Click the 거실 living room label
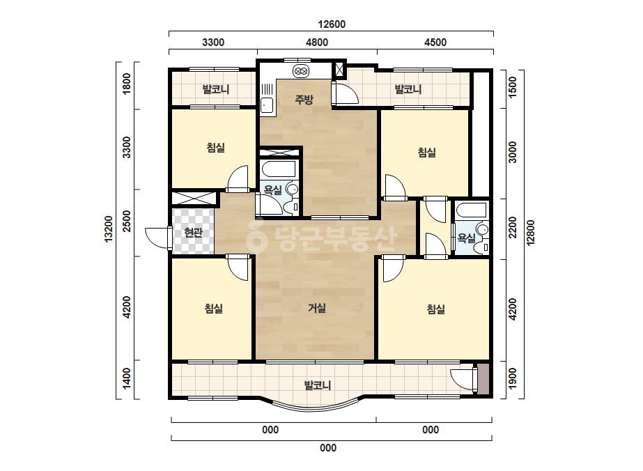click(316, 308)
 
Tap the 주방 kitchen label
click(304, 99)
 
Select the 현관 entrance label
click(193, 233)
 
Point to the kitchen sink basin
click(267, 105)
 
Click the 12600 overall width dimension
click(332, 24)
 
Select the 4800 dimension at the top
click(317, 43)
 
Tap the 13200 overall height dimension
click(108, 229)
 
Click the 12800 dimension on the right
click(531, 233)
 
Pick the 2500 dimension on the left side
click(127, 221)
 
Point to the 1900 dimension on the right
click(512, 378)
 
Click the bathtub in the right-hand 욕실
click(472, 210)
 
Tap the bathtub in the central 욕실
click(279, 169)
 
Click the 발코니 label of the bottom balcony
click(317, 385)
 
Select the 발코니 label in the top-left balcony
click(216, 89)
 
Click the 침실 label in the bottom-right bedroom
click(435, 309)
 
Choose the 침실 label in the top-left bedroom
click(216, 147)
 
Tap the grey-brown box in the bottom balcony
click(483, 379)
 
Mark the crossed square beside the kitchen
click(339, 70)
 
